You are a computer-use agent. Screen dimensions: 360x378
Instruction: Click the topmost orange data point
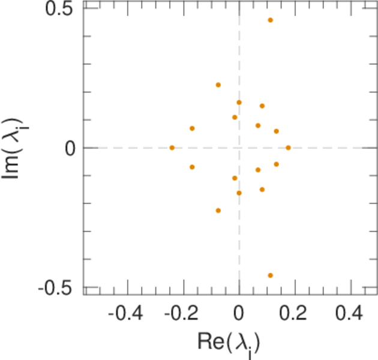[270, 20]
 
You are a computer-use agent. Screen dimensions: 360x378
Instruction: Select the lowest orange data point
[270, 275]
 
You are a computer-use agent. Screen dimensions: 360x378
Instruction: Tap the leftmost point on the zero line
[172, 148]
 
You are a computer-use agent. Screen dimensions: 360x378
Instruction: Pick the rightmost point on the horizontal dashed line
[288, 148]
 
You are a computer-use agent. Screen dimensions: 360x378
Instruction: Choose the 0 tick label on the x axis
[239, 313]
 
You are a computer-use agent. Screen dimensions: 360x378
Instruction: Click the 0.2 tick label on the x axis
[295, 313]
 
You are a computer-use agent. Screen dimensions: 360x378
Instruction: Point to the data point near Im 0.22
[218, 85]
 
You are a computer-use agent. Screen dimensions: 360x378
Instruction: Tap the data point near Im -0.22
[218, 211]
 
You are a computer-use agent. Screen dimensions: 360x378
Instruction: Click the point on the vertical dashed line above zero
[239, 103]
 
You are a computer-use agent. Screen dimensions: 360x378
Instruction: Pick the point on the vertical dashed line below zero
[239, 193]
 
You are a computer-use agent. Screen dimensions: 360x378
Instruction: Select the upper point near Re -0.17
[192, 128]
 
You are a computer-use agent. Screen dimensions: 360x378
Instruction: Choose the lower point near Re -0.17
[192, 167]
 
